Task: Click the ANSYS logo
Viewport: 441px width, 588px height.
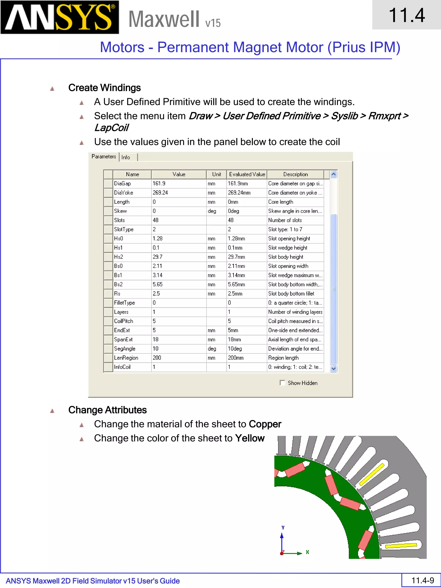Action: point(60,17)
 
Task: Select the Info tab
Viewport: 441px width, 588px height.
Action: point(126,157)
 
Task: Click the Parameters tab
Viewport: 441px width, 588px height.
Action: point(104,156)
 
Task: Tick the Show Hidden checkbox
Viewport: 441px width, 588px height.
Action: point(282,383)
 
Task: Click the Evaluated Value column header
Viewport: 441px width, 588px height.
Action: point(247,174)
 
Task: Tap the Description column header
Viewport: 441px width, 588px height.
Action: point(295,174)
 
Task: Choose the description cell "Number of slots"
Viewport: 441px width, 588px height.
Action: point(295,220)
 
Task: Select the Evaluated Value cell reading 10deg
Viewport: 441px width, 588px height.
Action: point(247,349)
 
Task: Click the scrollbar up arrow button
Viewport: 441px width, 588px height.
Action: point(334,174)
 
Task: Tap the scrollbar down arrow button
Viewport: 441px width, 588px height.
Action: point(334,368)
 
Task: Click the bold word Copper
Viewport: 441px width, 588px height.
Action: point(265,424)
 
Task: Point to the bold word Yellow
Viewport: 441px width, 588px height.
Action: point(250,438)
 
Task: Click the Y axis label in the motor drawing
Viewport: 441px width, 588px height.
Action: point(283,527)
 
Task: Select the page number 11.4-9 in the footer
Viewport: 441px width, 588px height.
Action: point(422,580)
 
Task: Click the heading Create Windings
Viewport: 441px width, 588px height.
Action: point(104,88)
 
